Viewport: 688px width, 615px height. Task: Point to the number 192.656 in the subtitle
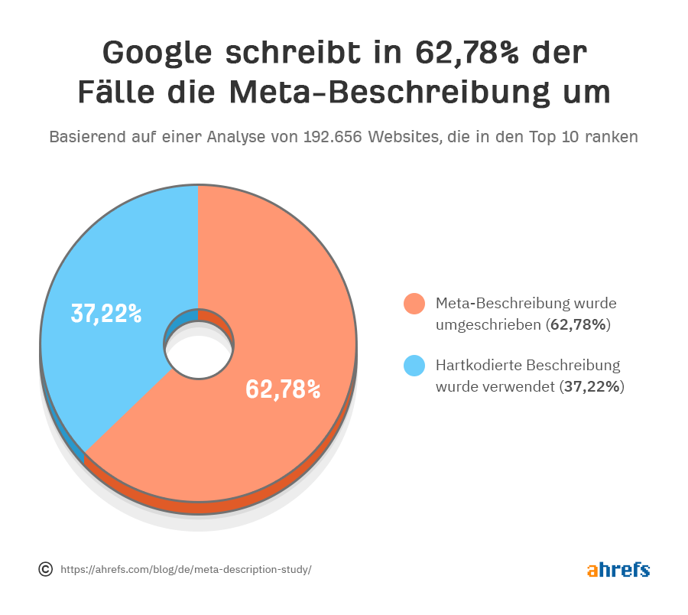tap(333, 138)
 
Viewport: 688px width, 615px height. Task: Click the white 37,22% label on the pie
tap(106, 313)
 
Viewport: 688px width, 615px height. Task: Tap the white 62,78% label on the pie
tap(283, 389)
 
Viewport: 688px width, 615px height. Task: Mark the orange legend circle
tap(414, 304)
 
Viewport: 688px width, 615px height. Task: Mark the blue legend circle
tap(414, 366)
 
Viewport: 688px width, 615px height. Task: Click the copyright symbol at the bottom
tap(45, 569)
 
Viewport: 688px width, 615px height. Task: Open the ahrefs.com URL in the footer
tap(186, 570)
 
